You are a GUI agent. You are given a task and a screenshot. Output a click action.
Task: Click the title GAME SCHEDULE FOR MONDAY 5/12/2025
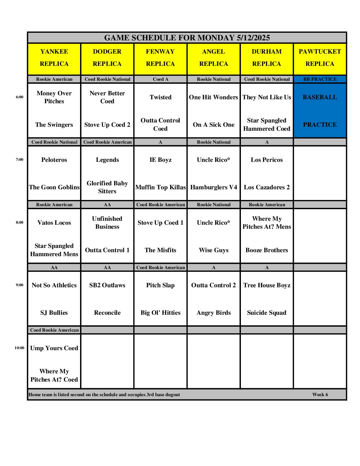coord(187,38)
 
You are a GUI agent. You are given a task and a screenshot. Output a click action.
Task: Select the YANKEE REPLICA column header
coord(54,58)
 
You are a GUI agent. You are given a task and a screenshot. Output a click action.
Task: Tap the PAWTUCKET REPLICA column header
coord(320,58)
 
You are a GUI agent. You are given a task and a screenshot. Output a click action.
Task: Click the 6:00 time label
coord(20,97)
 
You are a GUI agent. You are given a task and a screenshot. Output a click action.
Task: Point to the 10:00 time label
coord(20,348)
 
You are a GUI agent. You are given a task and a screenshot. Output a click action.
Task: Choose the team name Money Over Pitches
coord(54,97)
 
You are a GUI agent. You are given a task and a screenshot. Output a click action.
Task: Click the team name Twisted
coord(160,97)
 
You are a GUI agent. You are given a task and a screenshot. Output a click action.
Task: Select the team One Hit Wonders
coord(213,97)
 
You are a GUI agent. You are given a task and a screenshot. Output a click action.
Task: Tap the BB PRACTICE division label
coord(320,79)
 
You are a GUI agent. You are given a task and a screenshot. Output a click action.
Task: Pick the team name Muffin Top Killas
coord(160,187)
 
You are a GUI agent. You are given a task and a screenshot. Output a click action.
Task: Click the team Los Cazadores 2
coord(267,187)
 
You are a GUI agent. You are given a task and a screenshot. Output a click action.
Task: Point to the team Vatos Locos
coord(54,223)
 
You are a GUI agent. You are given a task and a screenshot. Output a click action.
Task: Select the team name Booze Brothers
coord(267,250)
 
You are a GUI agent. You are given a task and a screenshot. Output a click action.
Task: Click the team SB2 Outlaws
coord(107,285)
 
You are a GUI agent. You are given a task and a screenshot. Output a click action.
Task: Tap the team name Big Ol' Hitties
coord(160,313)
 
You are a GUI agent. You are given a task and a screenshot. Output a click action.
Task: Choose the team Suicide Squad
coord(267,313)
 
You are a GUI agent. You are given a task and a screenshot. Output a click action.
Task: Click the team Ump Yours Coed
coord(54,348)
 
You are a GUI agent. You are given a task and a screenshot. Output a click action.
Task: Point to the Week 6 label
coord(320,395)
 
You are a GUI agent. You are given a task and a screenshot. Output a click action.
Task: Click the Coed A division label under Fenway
coord(160,79)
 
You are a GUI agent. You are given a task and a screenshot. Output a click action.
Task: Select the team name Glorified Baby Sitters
coord(107,187)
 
